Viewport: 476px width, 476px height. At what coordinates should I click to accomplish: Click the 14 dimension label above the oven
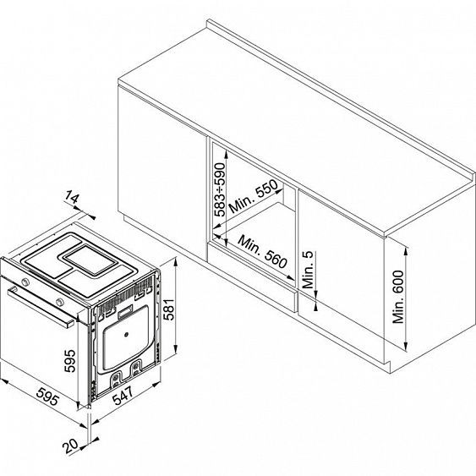coord(72,197)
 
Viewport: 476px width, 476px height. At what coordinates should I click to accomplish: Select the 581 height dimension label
coord(169,309)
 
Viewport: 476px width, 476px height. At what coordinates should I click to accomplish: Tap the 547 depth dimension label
coord(123,396)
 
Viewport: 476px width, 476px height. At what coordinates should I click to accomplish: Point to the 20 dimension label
coord(70,446)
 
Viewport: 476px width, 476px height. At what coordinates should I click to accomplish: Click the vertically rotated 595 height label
coord(70,361)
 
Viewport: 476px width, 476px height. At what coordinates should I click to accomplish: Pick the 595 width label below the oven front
coord(47,397)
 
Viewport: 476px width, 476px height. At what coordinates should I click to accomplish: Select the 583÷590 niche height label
coord(220,189)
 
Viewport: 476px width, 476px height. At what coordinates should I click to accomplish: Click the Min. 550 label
coord(253,196)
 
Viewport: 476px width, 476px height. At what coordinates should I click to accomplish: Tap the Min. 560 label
coord(262,252)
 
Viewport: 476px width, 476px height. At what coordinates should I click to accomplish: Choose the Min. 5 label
coord(308,270)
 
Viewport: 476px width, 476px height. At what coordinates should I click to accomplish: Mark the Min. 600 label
coord(398,297)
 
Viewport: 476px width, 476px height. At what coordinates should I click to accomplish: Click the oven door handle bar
coord(41,307)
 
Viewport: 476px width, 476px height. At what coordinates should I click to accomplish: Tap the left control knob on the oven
coord(25,282)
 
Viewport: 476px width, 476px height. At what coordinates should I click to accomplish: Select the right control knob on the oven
coord(60,302)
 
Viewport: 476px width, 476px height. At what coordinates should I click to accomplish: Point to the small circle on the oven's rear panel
coord(126,335)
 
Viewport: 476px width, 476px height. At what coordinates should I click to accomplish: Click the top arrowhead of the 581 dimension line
coord(175,261)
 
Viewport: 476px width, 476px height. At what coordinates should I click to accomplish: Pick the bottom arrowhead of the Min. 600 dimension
coord(405,347)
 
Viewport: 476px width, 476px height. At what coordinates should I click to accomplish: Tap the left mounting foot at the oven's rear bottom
coord(115,380)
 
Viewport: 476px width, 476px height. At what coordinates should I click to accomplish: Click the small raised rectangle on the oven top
coord(90,260)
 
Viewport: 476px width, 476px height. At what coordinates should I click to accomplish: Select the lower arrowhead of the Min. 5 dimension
coord(315,307)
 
